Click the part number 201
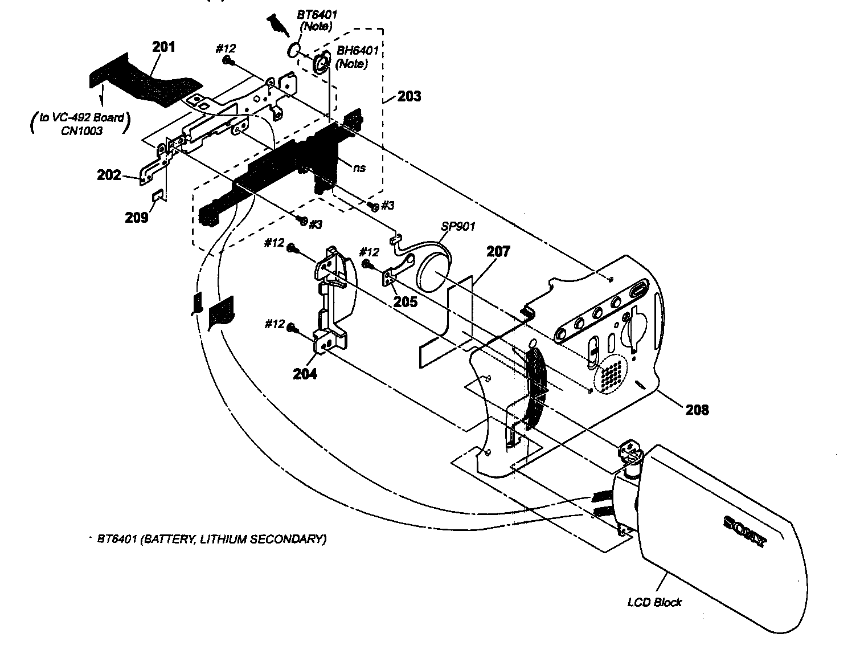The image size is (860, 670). point(163,47)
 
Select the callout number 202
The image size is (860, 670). point(109,175)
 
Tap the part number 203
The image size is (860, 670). point(409,96)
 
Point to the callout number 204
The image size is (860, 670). point(305,374)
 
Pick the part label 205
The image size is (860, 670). point(406,302)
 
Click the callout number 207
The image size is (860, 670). point(498,251)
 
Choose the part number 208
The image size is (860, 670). point(697,410)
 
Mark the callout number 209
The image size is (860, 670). point(137,217)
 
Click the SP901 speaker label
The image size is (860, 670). point(458,226)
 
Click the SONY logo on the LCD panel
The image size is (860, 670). point(744,532)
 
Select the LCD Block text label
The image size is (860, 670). point(654,602)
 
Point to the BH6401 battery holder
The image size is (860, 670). point(321,63)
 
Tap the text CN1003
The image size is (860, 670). point(81,130)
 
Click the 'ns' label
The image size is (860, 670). point(359,168)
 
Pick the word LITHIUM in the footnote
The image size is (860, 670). point(223,539)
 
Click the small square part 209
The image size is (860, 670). point(158,195)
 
